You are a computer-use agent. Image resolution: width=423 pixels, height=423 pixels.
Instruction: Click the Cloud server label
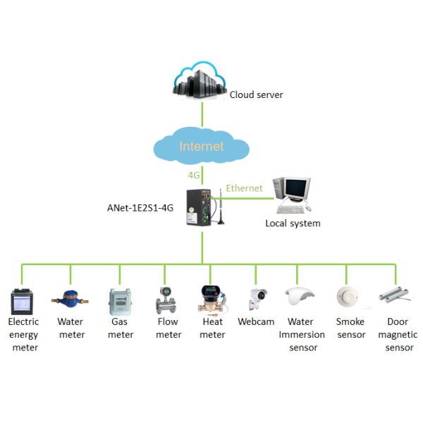tap(257, 94)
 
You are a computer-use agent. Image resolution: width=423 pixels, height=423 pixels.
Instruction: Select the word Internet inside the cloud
tap(202, 147)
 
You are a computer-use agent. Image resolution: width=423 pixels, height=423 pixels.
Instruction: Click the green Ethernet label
tap(244, 188)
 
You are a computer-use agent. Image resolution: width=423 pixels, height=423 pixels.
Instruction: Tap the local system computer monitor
tap(296, 188)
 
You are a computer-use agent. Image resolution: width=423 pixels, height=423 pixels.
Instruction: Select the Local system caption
tap(293, 223)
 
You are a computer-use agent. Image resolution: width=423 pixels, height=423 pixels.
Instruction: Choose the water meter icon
tap(70, 300)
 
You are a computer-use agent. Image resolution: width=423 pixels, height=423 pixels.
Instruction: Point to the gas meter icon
tap(118, 301)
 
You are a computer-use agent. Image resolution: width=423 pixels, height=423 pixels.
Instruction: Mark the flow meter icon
tap(166, 300)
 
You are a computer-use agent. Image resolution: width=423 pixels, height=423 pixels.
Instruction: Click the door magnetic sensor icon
tap(396, 295)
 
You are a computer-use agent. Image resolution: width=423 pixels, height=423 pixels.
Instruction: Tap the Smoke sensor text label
tap(350, 328)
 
